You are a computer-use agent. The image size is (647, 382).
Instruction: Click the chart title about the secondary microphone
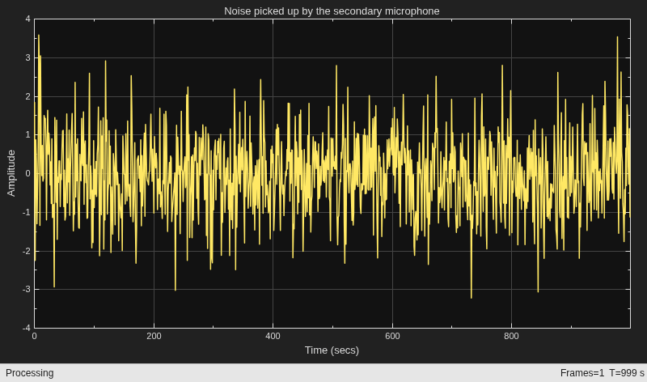pos(332,11)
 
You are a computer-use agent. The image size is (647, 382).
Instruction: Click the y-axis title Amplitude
pos(11,173)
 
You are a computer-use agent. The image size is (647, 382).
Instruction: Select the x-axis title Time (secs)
pos(332,350)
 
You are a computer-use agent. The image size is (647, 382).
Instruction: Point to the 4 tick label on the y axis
pos(27,19)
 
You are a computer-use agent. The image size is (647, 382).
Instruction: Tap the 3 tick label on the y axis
pos(27,57)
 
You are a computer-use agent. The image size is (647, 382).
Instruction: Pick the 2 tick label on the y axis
pos(27,96)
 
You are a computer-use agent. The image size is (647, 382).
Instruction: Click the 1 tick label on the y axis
pos(27,134)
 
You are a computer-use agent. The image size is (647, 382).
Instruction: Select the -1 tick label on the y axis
pos(27,212)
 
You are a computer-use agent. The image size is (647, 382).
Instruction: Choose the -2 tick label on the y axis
pos(27,251)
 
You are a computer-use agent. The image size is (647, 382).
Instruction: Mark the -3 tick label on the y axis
pos(27,289)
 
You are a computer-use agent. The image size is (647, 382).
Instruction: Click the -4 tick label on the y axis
pos(27,328)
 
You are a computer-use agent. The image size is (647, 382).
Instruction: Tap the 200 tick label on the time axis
pos(154,336)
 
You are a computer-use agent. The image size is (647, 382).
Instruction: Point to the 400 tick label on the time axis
pos(273,336)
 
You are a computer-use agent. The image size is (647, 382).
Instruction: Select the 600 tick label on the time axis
pos(392,336)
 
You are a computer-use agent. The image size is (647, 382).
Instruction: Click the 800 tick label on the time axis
pos(511,336)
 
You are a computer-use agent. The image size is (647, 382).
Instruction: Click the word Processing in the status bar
pos(30,373)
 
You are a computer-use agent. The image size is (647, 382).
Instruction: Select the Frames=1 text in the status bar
pos(581,373)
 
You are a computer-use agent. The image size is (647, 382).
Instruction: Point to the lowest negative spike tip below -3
pos(472,298)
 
